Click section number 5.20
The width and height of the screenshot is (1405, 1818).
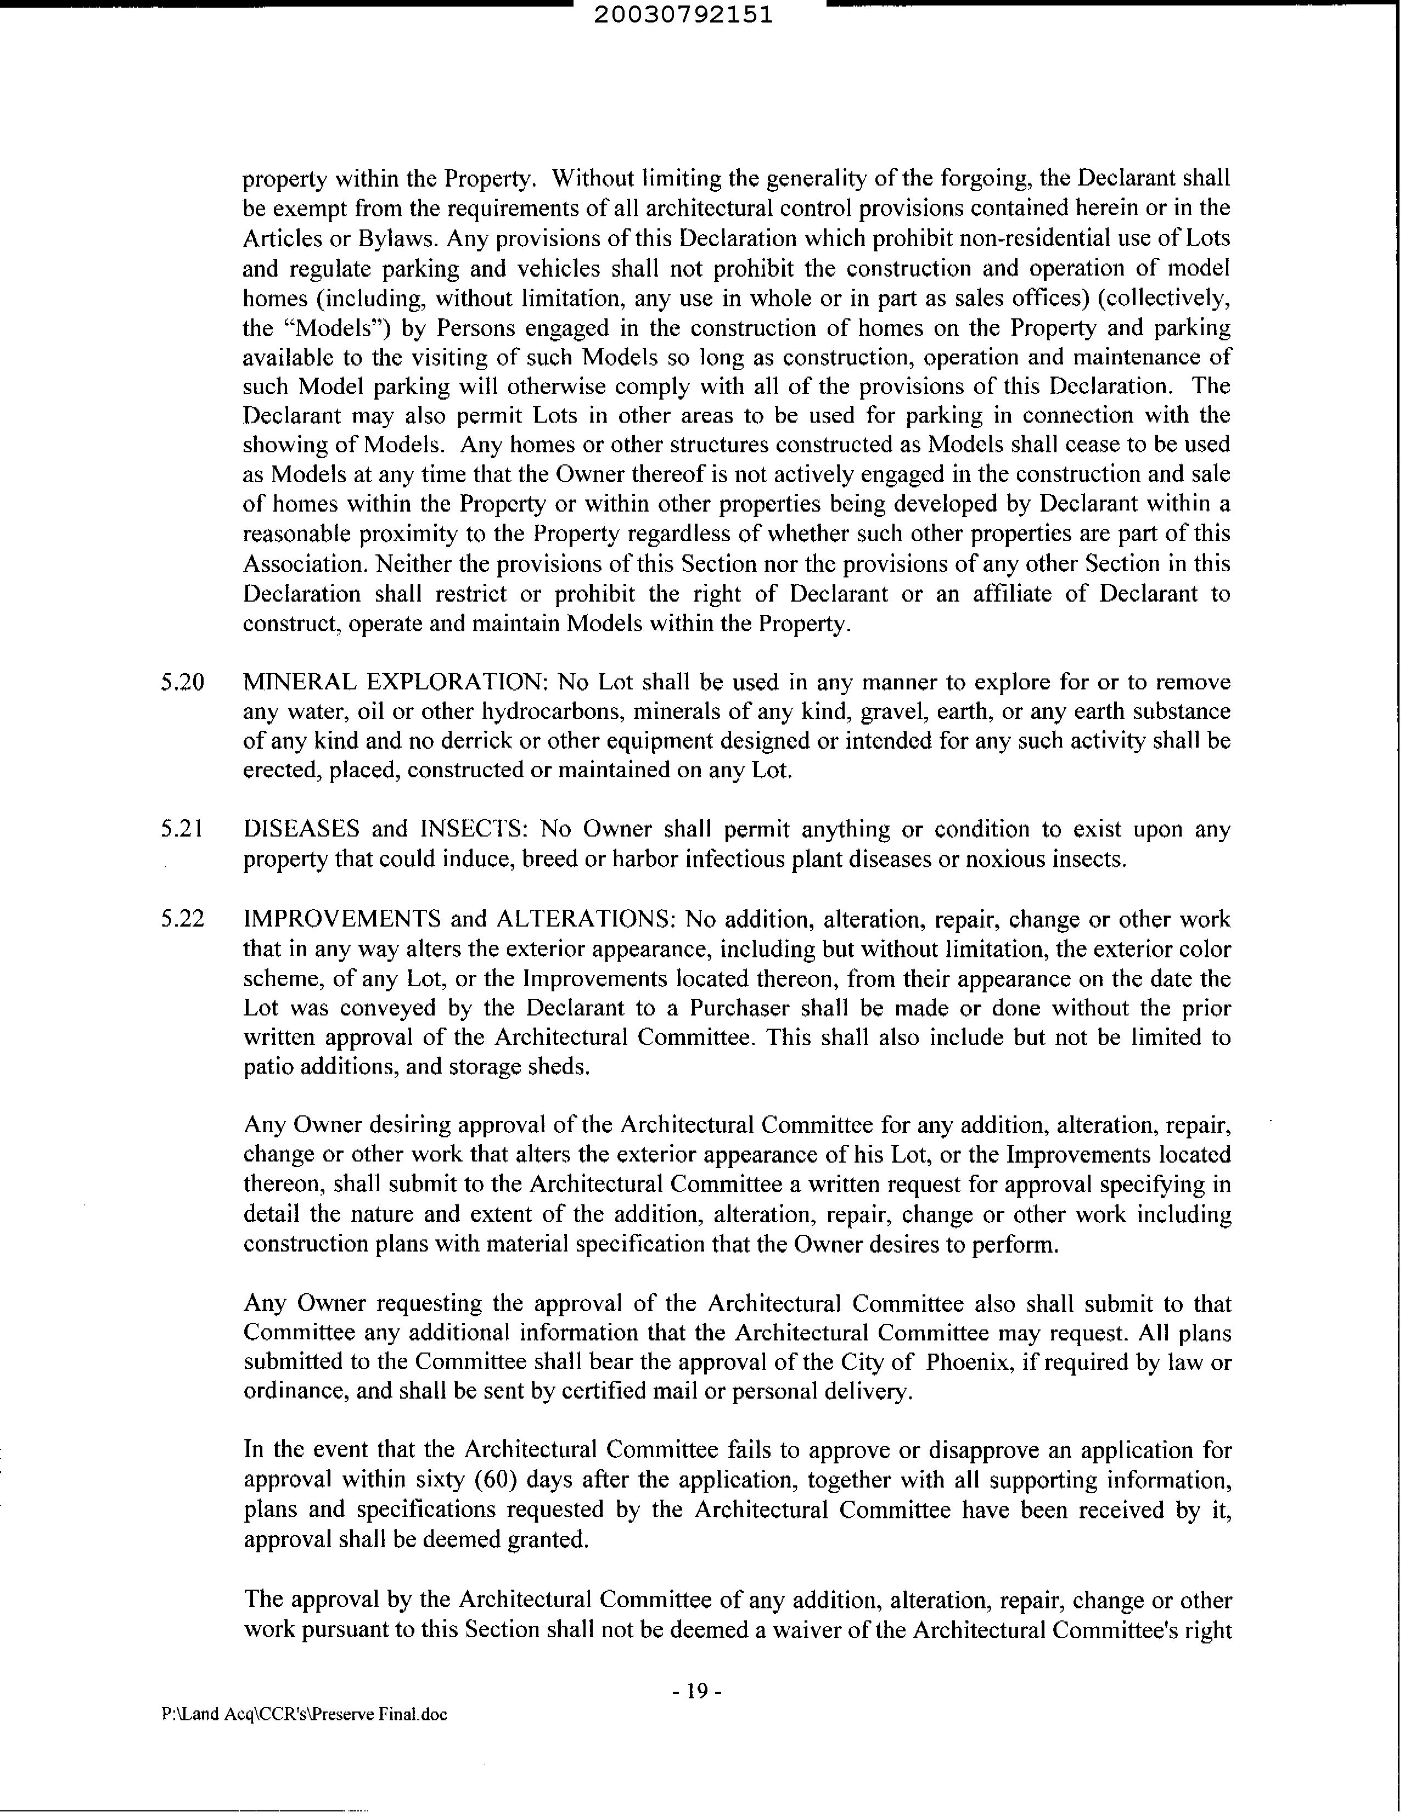tap(182, 683)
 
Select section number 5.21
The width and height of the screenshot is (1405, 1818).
tap(182, 829)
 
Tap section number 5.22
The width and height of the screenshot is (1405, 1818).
tap(182, 920)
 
